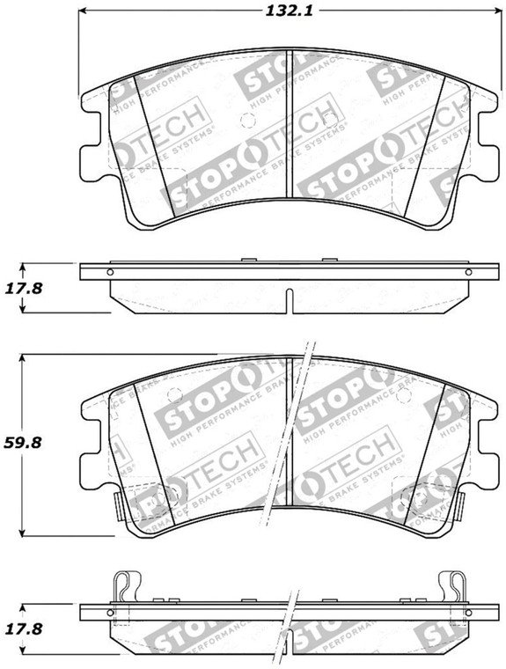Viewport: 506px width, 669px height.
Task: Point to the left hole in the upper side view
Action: (109, 272)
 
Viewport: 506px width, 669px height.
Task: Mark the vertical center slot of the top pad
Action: (291, 123)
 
